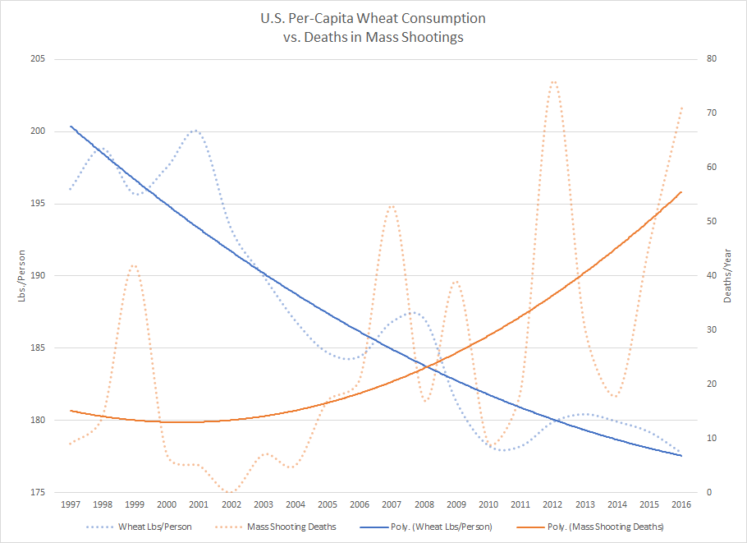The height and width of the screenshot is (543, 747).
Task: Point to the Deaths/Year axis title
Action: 728,276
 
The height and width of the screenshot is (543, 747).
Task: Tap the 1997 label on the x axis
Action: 71,504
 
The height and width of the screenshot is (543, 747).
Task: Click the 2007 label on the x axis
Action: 391,504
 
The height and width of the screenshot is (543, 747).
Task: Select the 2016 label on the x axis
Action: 681,504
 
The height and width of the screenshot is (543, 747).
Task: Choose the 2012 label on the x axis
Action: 552,504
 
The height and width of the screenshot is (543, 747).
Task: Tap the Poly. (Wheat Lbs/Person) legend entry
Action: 443,527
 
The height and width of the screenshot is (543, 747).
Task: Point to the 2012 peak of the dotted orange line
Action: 552,81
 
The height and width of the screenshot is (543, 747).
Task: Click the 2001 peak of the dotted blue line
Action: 196,130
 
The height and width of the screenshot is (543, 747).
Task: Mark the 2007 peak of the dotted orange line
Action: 392,205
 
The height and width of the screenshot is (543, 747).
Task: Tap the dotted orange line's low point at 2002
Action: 231,491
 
